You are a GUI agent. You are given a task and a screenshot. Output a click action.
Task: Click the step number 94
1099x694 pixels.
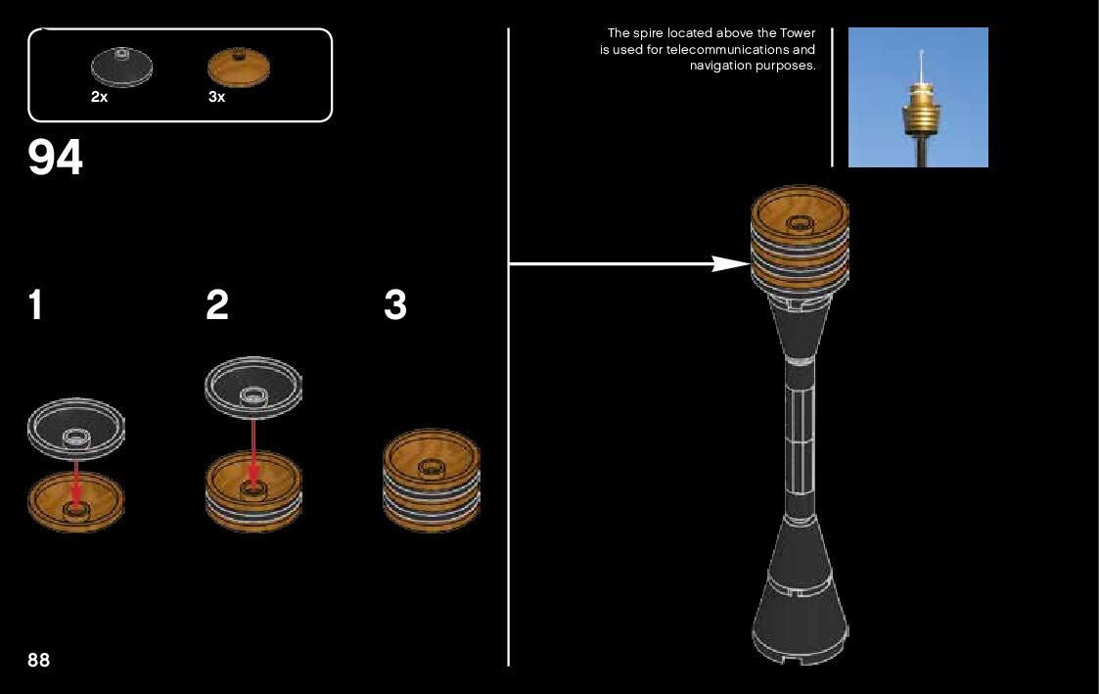coord(56,158)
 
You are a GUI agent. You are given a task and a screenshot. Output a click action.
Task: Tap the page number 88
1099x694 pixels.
coord(39,660)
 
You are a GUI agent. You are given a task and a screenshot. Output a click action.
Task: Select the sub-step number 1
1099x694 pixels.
coord(35,306)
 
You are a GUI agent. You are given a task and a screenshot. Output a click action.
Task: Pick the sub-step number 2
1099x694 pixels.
coord(217,306)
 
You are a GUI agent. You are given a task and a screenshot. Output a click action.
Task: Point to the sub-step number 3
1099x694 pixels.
coord(395,306)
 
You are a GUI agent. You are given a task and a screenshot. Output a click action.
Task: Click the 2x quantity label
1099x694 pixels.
coord(99,97)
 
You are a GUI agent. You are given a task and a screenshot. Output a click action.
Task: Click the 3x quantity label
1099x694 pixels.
coord(216,97)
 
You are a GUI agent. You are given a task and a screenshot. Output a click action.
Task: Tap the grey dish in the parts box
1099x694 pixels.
coord(121,67)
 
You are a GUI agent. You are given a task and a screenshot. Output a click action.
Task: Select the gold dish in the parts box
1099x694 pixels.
coord(238,67)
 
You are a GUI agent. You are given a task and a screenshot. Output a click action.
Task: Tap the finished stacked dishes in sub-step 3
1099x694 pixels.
coord(432,480)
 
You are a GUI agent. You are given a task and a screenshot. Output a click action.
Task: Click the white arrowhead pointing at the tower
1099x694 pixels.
coord(729,263)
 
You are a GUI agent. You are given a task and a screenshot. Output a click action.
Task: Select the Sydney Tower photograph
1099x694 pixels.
coord(918,97)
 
